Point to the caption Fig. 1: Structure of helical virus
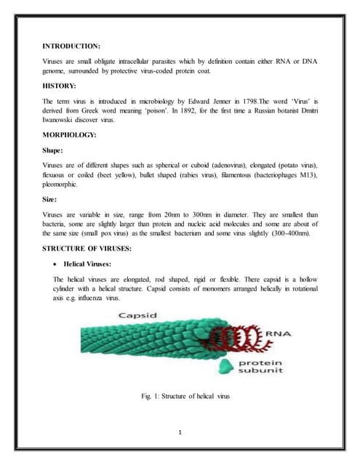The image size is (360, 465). tap(185, 395)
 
